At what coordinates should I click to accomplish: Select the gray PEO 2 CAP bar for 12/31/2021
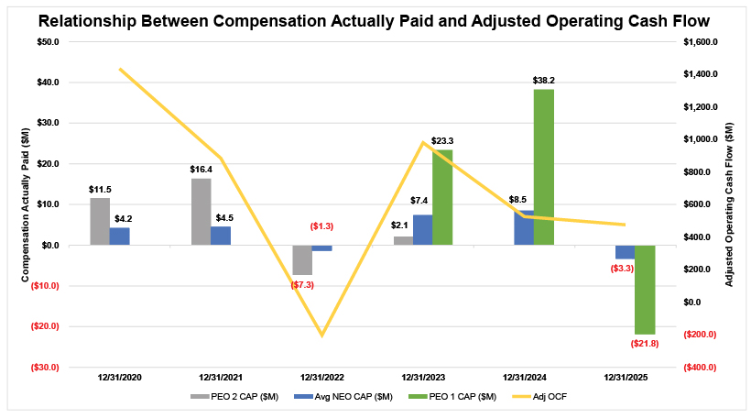[x=201, y=212]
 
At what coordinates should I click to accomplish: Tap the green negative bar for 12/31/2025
[x=645, y=290]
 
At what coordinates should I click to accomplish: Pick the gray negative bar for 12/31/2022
[x=301, y=259]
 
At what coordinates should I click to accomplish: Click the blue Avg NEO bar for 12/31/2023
[x=422, y=230]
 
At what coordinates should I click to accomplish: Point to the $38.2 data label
[x=544, y=81]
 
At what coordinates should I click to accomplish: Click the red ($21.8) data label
[x=647, y=343]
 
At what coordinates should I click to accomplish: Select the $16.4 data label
[x=201, y=170]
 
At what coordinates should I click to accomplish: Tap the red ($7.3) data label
[x=302, y=285]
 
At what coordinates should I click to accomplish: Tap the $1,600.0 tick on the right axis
[x=703, y=42]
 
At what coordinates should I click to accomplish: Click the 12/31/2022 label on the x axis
[x=321, y=377]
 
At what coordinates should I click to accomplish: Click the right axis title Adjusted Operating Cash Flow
[x=730, y=204]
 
